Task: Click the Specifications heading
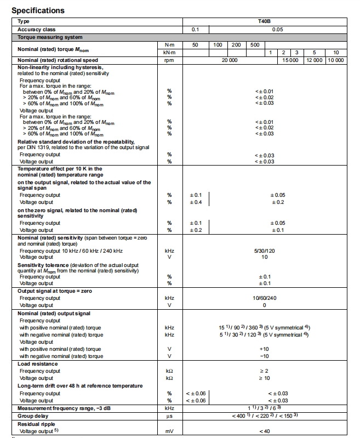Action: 38,10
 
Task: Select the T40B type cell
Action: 264,21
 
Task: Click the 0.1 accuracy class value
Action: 196,29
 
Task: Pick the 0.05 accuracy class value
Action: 277,29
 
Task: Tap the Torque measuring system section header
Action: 50,37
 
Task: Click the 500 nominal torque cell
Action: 255,44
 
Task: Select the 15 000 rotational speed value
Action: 290,60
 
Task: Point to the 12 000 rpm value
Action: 315,60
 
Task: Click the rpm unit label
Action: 169,60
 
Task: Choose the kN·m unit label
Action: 169,52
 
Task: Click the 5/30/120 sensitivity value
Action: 264,251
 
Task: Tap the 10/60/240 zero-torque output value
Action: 264,298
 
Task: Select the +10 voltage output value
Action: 264,349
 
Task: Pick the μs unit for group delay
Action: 169,416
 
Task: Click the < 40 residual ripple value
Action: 264,431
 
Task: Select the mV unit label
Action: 169,431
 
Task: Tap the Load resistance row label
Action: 38,363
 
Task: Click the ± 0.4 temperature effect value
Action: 196,202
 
